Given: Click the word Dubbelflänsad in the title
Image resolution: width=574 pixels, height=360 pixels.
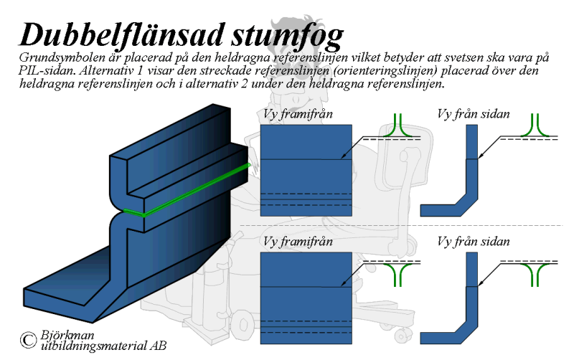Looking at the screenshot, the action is click(121, 35).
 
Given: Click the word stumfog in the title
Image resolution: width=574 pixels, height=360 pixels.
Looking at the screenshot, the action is click(288, 37).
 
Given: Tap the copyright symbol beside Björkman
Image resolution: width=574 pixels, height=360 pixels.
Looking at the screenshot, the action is click(29, 340).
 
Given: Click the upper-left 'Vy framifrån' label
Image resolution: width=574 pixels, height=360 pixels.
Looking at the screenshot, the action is click(298, 114).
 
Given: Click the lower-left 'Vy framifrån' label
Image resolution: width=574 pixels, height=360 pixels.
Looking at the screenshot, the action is click(298, 242).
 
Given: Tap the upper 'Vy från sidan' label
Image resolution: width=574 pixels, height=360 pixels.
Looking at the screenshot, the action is click(474, 114).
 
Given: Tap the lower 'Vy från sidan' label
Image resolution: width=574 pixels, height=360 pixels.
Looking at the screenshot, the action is click(474, 242).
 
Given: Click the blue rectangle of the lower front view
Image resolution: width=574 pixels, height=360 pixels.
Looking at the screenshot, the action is click(306, 298).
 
